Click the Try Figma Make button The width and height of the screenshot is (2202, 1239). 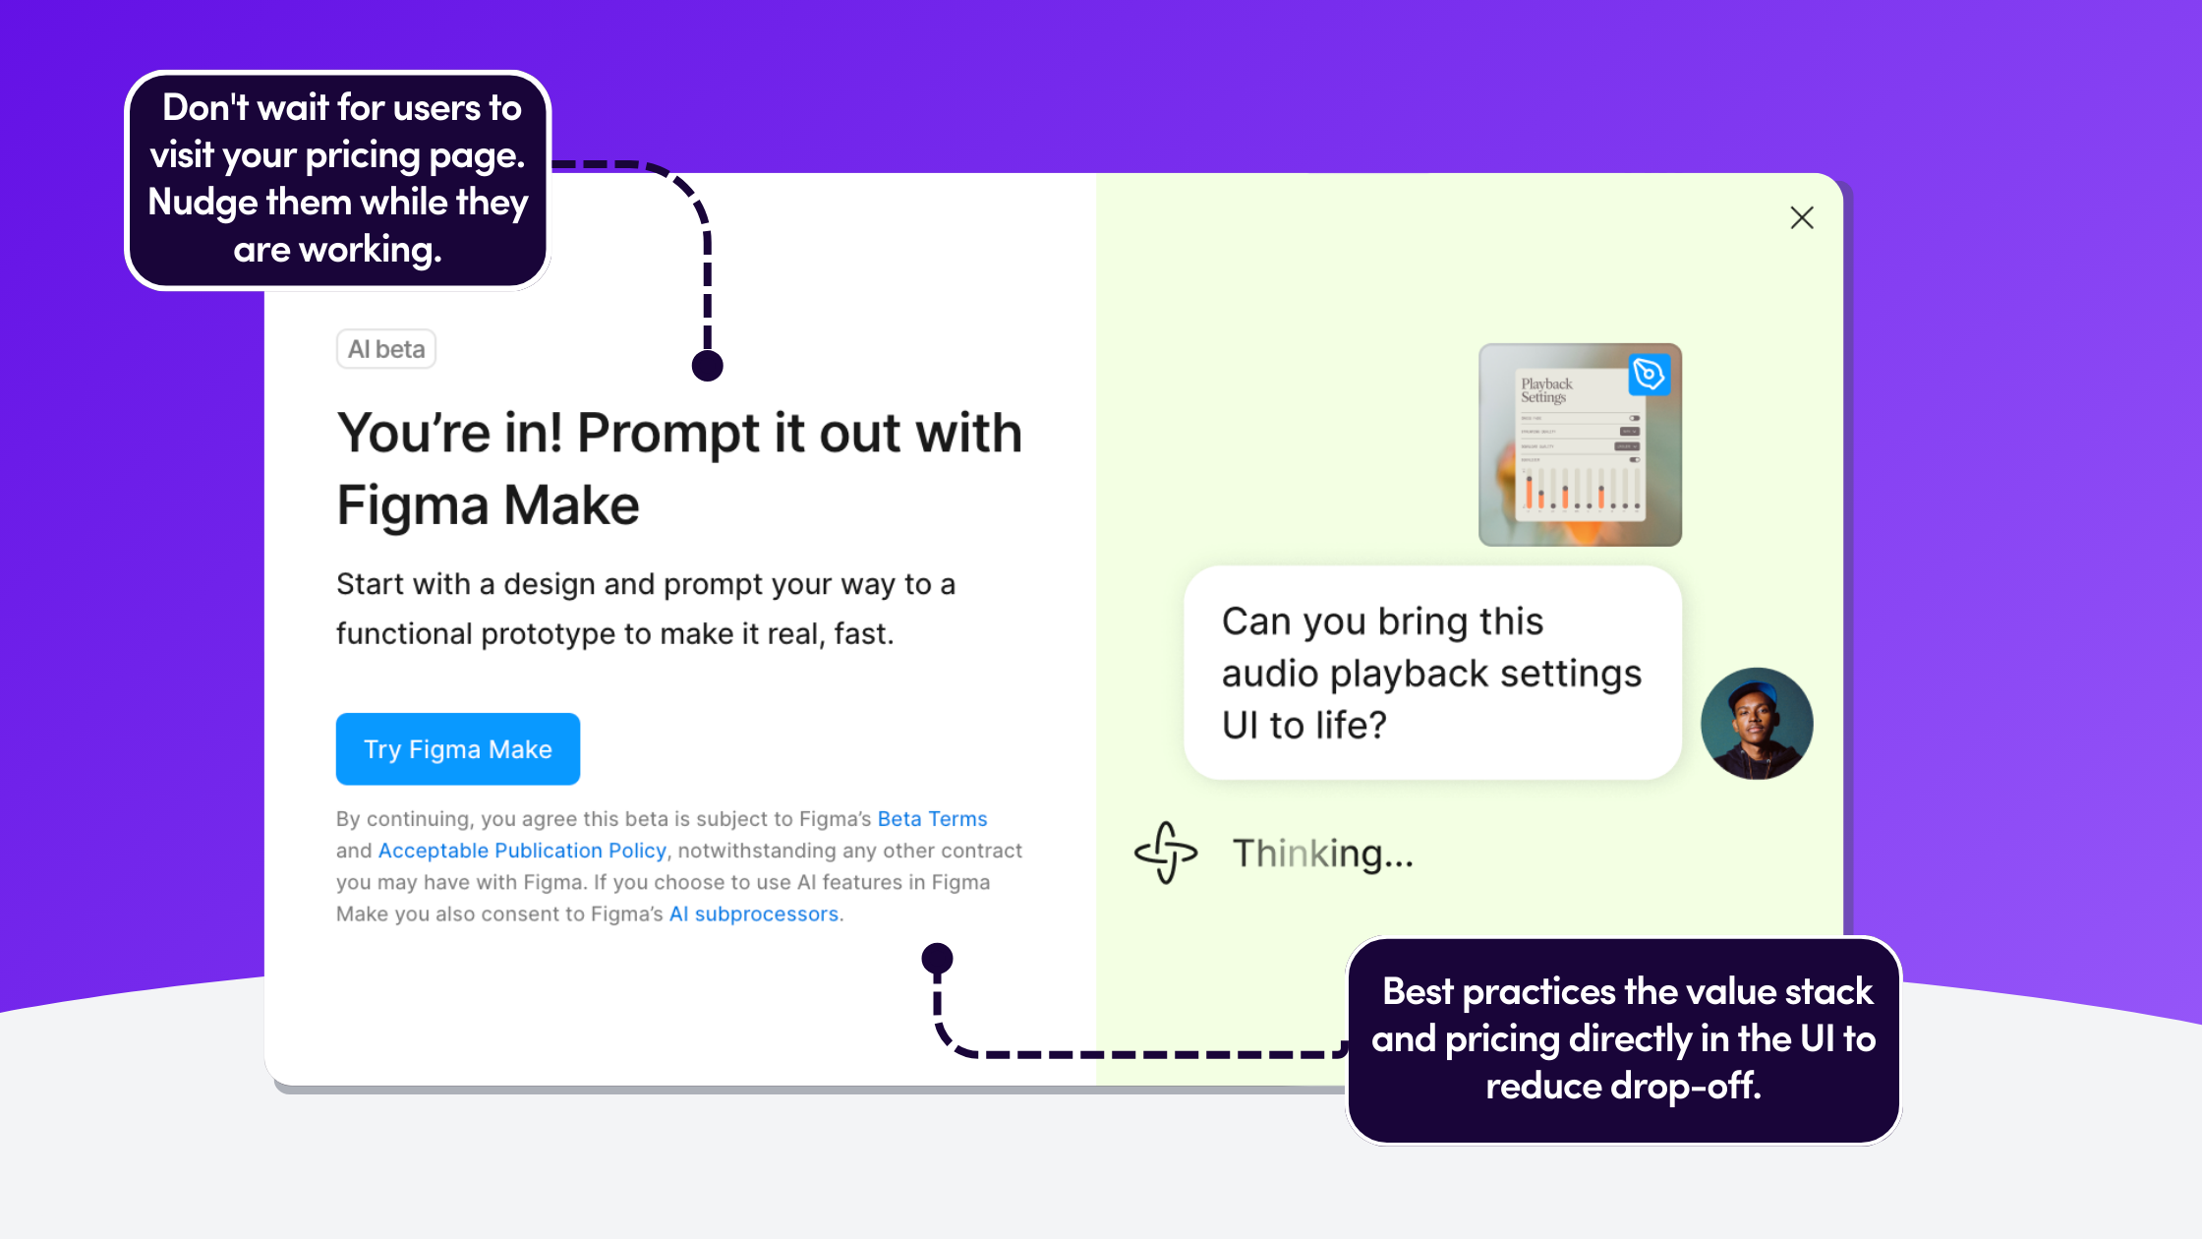[x=457, y=749]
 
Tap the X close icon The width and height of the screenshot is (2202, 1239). [x=1801, y=217]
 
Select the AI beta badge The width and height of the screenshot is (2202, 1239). [x=386, y=349]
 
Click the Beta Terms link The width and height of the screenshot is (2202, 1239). [x=932, y=819]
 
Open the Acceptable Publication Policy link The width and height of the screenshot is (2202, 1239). [x=522, y=851]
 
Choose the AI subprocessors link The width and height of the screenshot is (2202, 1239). [x=754, y=914]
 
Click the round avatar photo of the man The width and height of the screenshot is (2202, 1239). [x=1757, y=724]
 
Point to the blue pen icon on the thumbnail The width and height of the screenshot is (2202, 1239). [x=1649, y=374]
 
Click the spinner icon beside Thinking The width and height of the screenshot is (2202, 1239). [x=1166, y=853]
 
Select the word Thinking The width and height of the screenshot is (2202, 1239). [x=1322, y=854]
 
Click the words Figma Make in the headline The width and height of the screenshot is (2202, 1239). [x=488, y=505]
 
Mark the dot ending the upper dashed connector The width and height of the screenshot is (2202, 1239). [x=707, y=366]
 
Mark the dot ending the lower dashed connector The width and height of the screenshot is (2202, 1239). [x=937, y=957]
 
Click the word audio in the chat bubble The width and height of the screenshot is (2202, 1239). [x=1269, y=675]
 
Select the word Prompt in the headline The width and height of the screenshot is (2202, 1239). [x=668, y=434]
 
